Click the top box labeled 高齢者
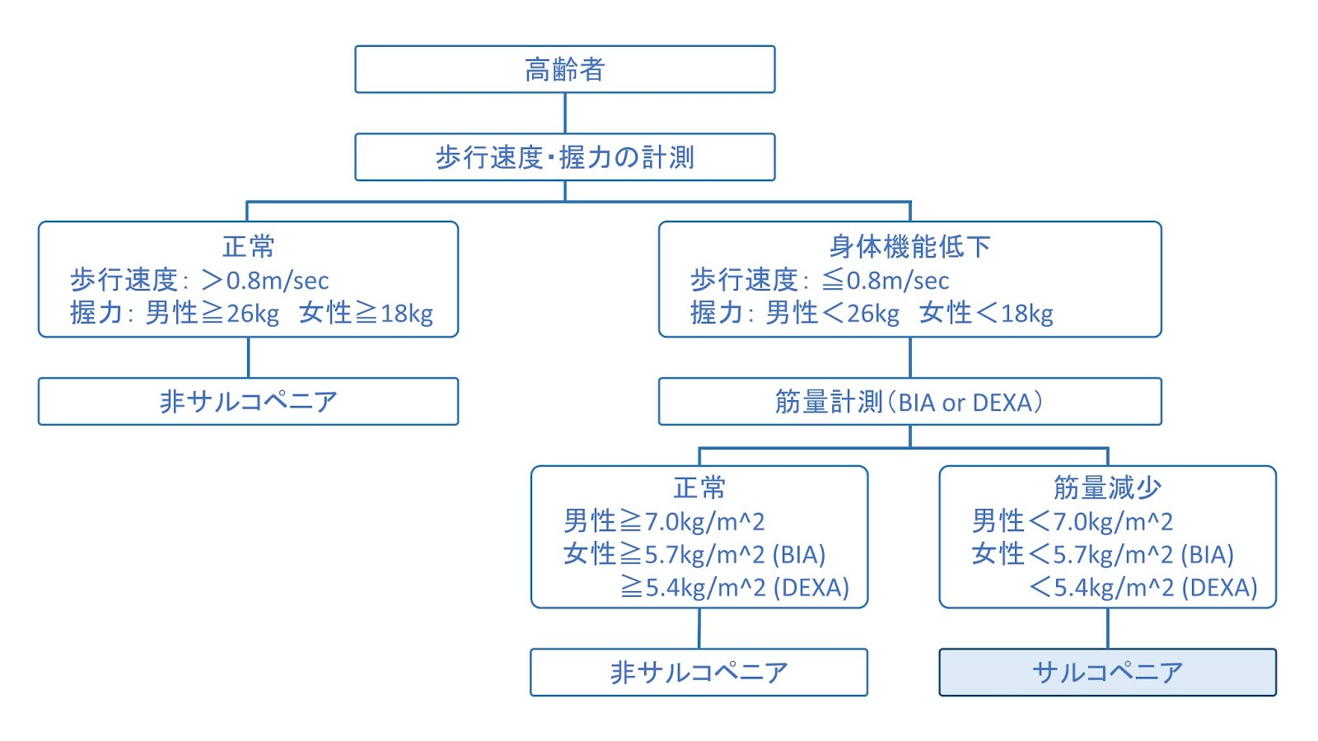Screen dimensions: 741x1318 [x=564, y=69]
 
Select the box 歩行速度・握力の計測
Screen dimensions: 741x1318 [x=564, y=156]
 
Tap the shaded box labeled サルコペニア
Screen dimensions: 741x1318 [x=1107, y=672]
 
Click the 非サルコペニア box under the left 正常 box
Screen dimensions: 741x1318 [x=248, y=401]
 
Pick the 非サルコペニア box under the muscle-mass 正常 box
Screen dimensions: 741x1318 [x=699, y=672]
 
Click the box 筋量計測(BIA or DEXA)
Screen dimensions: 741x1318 [x=909, y=401]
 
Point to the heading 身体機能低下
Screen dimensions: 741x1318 [x=909, y=245]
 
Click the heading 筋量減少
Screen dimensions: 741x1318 [x=1107, y=487]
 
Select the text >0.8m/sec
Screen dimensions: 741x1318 [x=265, y=280]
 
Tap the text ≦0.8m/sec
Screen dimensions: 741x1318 [x=886, y=280]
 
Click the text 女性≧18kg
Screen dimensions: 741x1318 [x=366, y=313]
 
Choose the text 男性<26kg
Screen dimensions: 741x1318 [x=832, y=313]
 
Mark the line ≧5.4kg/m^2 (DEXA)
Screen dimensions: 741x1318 [x=735, y=587]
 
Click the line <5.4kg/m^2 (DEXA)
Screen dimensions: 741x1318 [x=1143, y=587]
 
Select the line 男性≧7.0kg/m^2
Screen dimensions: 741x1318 [x=664, y=520]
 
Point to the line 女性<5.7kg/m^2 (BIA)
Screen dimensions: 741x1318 [x=1102, y=554]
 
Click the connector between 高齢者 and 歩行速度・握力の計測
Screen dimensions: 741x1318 [x=565, y=113]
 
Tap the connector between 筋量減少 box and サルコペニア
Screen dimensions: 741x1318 [x=1108, y=628]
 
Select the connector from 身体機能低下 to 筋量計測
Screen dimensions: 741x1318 [x=910, y=357]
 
